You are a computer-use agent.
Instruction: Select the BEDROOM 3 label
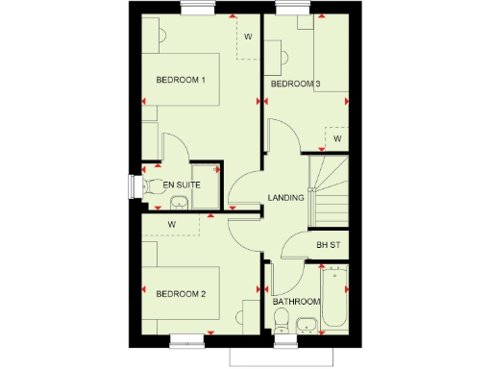[295, 85]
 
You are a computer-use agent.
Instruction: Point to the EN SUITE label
[180, 184]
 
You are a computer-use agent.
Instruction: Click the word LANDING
[285, 198]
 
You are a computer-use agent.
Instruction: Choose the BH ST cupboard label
[329, 245]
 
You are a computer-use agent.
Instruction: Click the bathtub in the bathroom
[334, 299]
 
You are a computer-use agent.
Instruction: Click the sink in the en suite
[179, 203]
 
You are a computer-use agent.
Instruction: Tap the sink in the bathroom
[307, 325]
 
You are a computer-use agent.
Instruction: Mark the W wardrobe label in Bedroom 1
[247, 37]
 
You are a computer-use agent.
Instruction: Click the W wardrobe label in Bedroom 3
[337, 138]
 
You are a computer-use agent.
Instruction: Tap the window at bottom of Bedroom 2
[189, 339]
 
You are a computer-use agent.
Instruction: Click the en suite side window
[130, 185]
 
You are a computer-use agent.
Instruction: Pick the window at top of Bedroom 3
[288, 11]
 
